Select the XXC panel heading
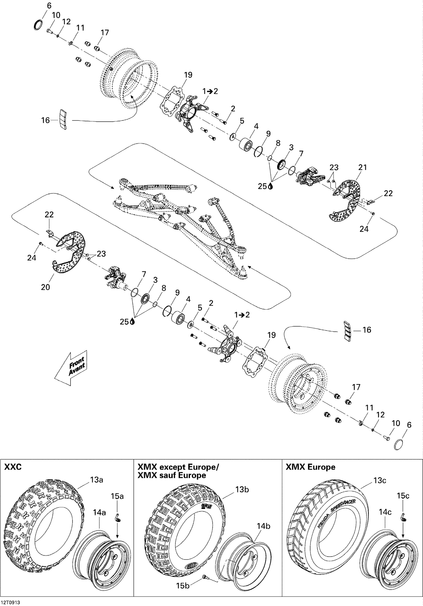(13, 467)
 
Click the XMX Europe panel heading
(310, 467)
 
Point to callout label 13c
(380, 481)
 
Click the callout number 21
(362, 167)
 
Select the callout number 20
(45, 287)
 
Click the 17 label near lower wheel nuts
(356, 387)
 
